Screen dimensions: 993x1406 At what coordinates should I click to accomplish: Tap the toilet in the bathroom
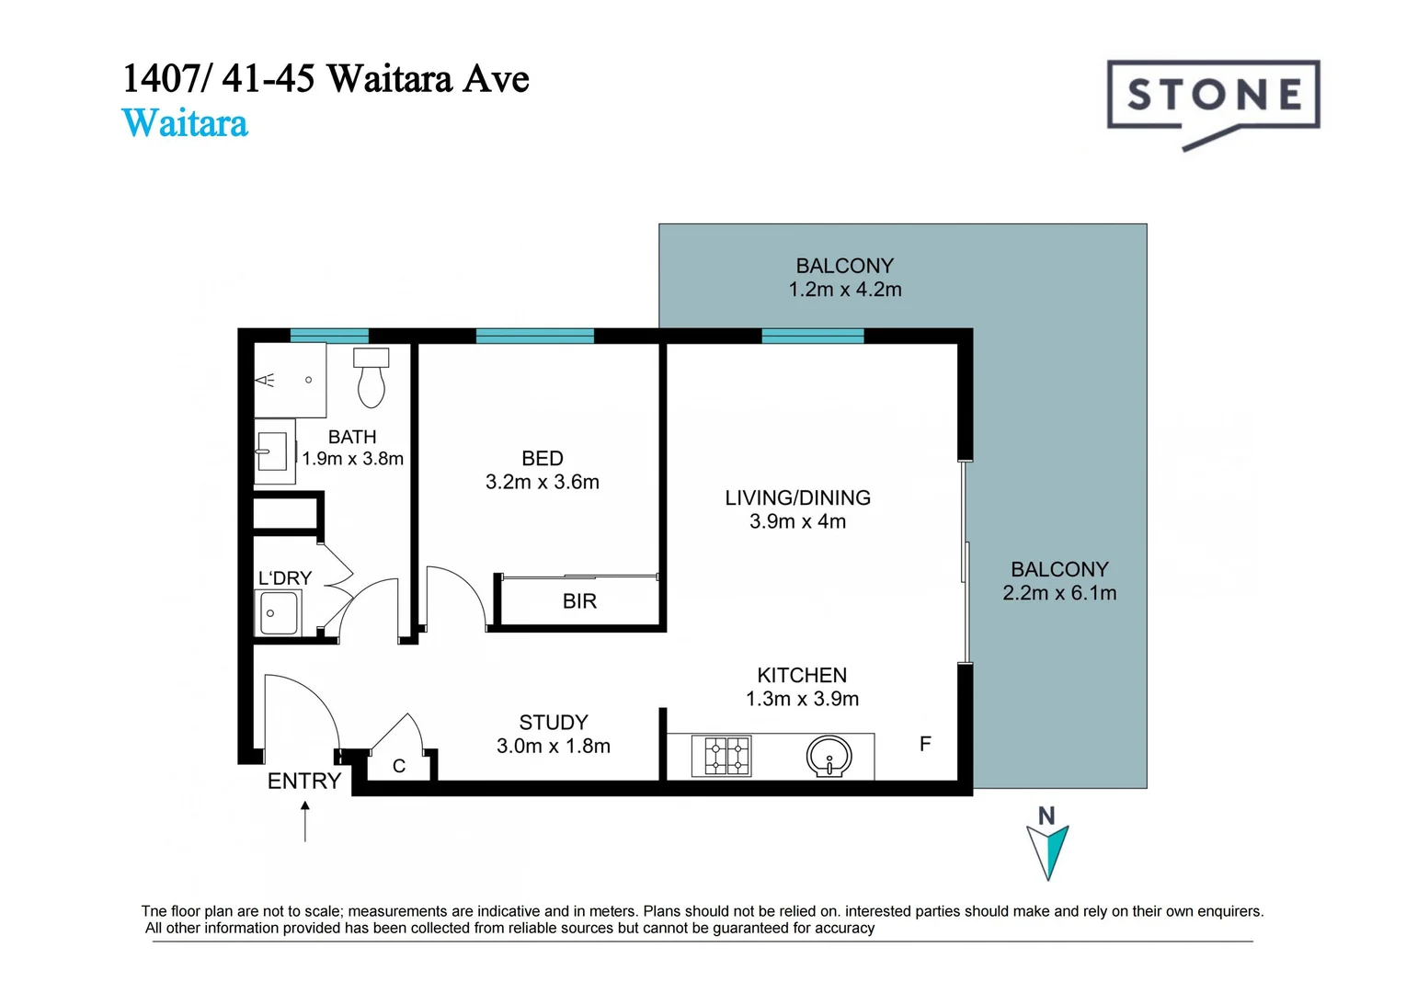pyautogui.click(x=372, y=378)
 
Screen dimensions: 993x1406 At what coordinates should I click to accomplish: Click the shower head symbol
pyautogui.click(x=266, y=380)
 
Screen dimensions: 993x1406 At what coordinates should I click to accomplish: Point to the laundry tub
pyautogui.click(x=278, y=612)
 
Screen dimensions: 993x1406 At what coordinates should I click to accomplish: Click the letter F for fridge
pyautogui.click(x=925, y=744)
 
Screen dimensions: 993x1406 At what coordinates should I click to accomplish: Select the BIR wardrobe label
pyautogui.click(x=579, y=601)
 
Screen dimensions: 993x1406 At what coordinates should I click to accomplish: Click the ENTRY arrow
pyautogui.click(x=305, y=820)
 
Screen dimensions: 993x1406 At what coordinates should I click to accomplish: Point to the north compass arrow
pyautogui.click(x=1047, y=849)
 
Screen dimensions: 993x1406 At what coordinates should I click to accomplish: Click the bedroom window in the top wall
pyautogui.click(x=534, y=336)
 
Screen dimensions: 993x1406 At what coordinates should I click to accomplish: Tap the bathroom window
pyautogui.click(x=329, y=336)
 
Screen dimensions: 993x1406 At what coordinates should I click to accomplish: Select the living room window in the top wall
pyautogui.click(x=813, y=336)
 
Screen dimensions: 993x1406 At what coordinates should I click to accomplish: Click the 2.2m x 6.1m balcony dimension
pyautogui.click(x=1059, y=594)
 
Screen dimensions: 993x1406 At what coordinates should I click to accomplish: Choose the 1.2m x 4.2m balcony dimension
pyautogui.click(x=844, y=290)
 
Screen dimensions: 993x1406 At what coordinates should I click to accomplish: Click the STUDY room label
pyautogui.click(x=553, y=723)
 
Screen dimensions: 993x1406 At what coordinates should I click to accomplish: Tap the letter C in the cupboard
pyautogui.click(x=399, y=766)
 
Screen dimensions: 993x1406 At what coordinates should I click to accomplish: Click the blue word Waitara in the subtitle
pyautogui.click(x=185, y=123)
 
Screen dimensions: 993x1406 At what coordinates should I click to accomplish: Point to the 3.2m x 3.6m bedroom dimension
pyautogui.click(x=542, y=482)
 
